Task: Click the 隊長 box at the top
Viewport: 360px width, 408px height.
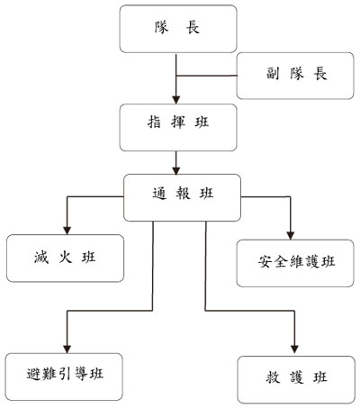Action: click(178, 29)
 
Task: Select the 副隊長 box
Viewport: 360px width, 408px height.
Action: click(295, 76)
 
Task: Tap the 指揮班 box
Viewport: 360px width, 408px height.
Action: click(178, 127)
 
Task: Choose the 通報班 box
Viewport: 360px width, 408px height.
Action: click(182, 197)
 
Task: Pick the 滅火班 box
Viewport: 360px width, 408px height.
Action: click(65, 258)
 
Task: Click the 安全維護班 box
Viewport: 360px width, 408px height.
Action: click(295, 263)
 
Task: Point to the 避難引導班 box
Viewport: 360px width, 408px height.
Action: click(64, 376)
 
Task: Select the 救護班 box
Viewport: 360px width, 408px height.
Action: click(296, 380)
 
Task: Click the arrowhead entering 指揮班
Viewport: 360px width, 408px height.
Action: click(176, 100)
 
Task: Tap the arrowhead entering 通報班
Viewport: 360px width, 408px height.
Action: click(176, 170)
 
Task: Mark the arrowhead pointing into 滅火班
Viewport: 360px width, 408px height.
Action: click(67, 231)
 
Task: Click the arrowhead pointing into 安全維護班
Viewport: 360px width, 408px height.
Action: click(291, 235)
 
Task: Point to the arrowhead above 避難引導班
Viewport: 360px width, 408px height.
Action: click(67, 349)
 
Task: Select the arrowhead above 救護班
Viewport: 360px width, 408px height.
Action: click(294, 349)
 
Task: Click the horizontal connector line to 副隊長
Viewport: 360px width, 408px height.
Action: click(206, 76)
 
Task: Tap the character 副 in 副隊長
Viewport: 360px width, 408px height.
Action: click(273, 74)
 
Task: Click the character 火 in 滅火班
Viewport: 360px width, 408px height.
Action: click(65, 258)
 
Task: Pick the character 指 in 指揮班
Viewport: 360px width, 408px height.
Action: click(154, 122)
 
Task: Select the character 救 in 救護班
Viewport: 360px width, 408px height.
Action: click(273, 377)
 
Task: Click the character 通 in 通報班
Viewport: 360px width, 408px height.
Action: click(159, 193)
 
